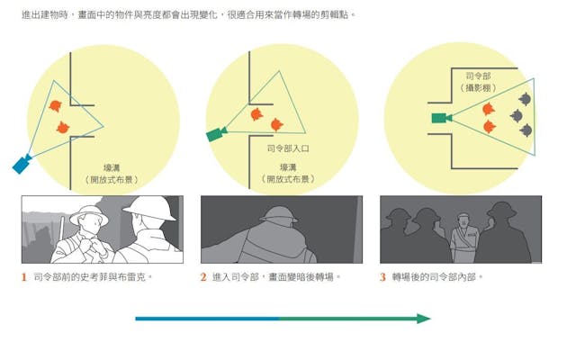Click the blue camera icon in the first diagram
[x=22, y=163]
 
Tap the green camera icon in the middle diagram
[x=217, y=134]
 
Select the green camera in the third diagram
[x=442, y=118]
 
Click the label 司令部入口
[x=288, y=148]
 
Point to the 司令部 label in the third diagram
[x=478, y=76]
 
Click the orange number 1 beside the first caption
[x=24, y=277]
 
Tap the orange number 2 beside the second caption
[x=203, y=277]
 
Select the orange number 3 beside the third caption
[x=382, y=277]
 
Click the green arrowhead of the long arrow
[x=424, y=319]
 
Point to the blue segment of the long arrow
[x=208, y=319]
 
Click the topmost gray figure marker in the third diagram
[x=525, y=98]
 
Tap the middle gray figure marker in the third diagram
[x=517, y=115]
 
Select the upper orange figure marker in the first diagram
[x=55, y=106]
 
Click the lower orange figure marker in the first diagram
[x=63, y=128]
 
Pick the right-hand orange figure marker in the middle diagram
[x=277, y=124]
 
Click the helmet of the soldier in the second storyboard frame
[x=279, y=215]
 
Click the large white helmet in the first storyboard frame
[x=150, y=208]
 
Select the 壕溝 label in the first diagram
[x=112, y=168]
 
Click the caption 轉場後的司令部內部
[x=435, y=277]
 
